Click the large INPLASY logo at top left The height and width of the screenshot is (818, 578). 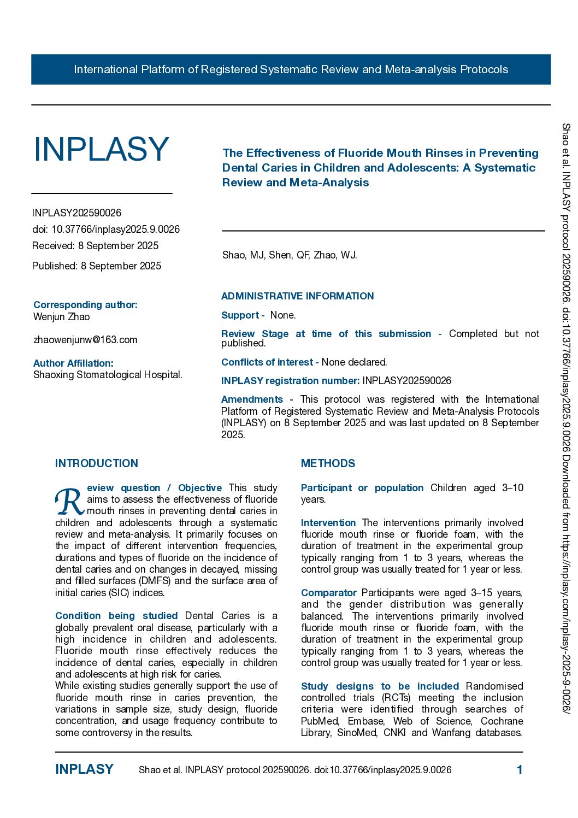tap(101, 149)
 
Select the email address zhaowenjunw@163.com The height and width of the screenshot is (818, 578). tap(85, 340)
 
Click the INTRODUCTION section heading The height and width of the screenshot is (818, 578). tap(97, 463)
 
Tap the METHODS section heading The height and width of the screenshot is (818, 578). tap(328, 463)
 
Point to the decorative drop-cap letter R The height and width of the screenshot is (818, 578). tap(69, 502)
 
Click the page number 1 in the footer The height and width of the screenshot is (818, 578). tap(520, 770)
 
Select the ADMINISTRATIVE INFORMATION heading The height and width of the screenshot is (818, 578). tap(297, 296)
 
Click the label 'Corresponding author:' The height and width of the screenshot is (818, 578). tap(85, 305)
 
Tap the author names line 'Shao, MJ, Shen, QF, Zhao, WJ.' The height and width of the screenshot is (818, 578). tap(290, 255)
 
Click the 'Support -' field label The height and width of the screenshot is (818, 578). tap(243, 315)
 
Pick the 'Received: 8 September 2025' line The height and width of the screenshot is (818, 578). tap(95, 246)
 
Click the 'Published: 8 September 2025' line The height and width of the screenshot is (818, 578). tap(97, 266)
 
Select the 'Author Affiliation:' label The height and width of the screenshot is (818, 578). tap(73, 363)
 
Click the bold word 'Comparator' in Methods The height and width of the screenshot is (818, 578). tap(328, 593)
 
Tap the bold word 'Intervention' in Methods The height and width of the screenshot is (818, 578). tap(328, 523)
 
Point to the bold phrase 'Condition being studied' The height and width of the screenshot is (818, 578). tap(116, 616)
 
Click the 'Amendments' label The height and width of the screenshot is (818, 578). tap(252, 399)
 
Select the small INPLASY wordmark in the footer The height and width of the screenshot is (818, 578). tap(84, 769)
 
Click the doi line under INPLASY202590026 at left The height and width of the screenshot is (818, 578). tap(106, 229)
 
